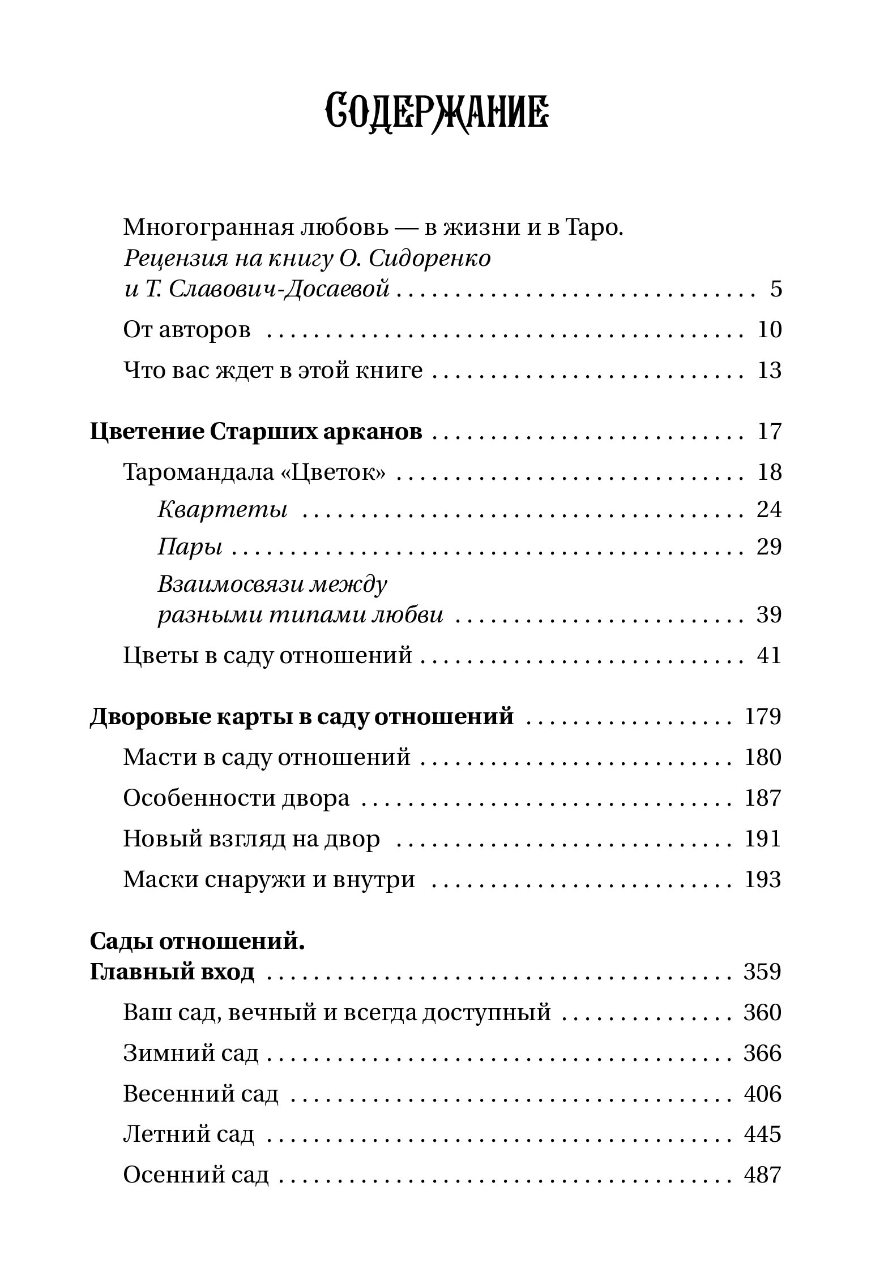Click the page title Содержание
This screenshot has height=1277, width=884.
[x=437, y=113]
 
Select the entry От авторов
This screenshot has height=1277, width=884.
[x=187, y=330]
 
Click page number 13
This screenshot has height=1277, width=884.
[x=769, y=371]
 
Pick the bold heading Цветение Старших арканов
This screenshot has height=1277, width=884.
[x=256, y=432]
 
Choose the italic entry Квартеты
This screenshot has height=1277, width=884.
[x=222, y=510]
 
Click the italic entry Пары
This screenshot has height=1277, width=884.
[x=190, y=547]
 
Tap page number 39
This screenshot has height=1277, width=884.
[x=769, y=615]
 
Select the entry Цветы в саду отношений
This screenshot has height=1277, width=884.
[x=267, y=656]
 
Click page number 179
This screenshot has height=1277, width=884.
[x=762, y=717]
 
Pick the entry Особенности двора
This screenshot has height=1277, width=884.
[x=236, y=798]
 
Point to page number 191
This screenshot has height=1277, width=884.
[x=762, y=839]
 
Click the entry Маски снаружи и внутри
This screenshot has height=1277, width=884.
[x=269, y=880]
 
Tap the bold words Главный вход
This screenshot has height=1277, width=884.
[x=172, y=972]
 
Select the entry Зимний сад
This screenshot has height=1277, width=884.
[x=191, y=1054]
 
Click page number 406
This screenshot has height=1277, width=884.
[x=762, y=1094]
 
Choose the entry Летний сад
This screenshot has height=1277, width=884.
[x=189, y=1134]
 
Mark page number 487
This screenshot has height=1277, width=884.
[x=762, y=1175]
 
